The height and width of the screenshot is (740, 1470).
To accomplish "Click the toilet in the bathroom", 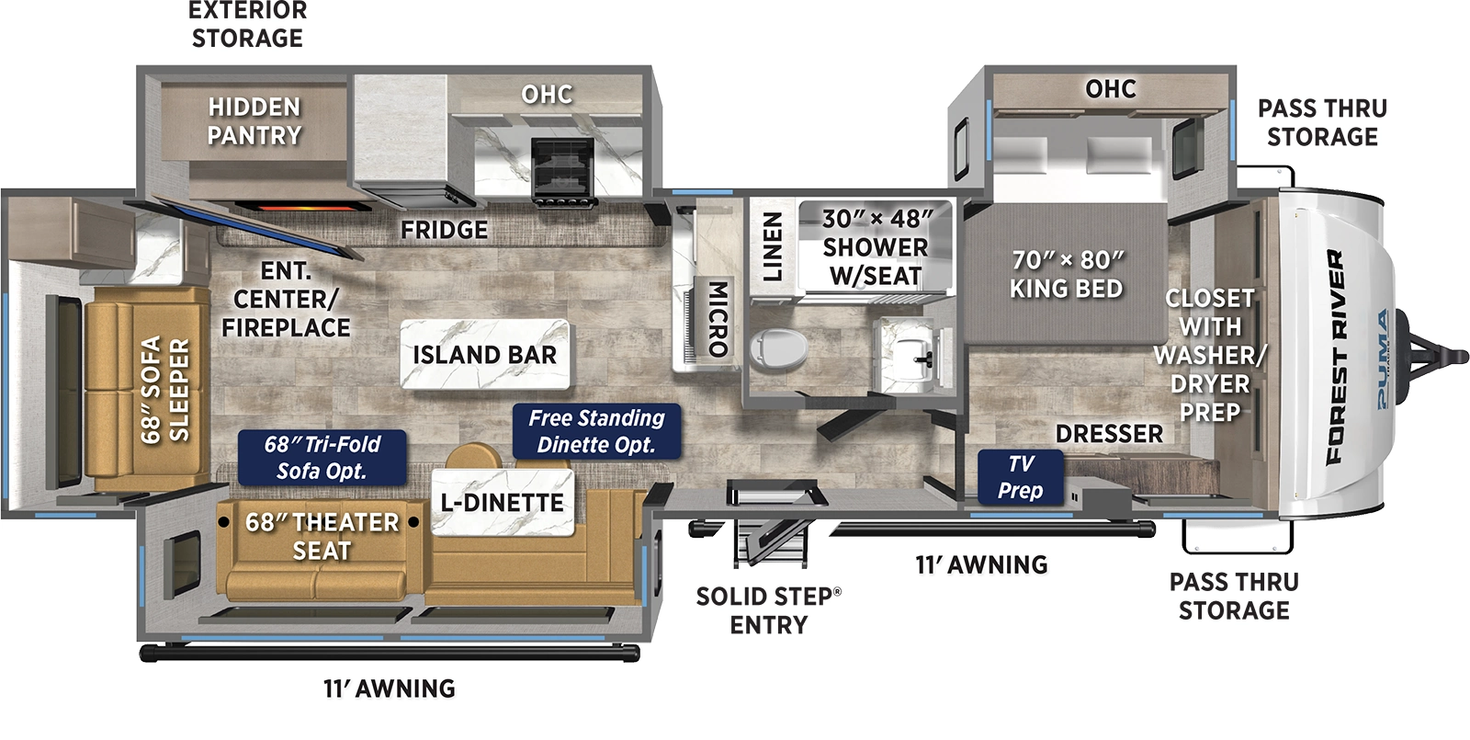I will tap(777, 348).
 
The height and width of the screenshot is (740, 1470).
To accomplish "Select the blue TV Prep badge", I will tap(1020, 477).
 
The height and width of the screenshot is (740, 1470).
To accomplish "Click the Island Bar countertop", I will tap(484, 354).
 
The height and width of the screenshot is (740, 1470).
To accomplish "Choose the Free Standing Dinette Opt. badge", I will tap(596, 431).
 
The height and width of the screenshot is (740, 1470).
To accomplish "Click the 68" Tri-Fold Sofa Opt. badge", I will tap(322, 457).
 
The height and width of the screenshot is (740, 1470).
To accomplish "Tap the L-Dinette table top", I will tap(503, 502).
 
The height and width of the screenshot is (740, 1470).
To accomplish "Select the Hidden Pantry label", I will tap(254, 121).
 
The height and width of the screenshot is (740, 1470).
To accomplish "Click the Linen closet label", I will tap(773, 245).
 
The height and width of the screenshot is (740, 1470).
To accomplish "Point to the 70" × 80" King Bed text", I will tap(1066, 274).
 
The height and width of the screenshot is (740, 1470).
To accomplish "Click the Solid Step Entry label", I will tap(768, 609).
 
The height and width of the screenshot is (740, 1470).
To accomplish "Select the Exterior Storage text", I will tap(247, 25).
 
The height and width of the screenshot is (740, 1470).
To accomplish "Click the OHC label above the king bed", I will tap(1110, 89).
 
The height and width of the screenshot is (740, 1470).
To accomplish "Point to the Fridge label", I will tap(444, 229).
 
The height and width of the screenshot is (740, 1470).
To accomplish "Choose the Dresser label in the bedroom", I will tap(1109, 433).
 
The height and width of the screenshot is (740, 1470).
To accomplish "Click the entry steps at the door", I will tap(770, 542).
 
